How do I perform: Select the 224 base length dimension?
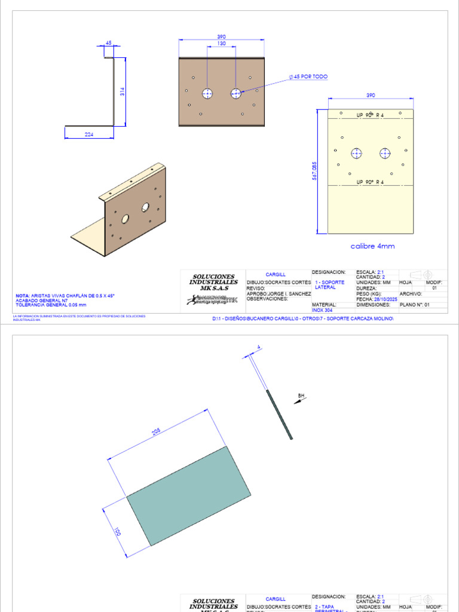(89, 134)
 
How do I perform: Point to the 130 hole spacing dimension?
(221, 44)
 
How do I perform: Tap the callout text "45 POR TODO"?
(310, 77)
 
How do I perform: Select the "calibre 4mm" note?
(372, 246)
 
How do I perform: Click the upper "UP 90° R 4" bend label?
(370, 115)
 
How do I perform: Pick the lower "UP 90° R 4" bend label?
(370, 182)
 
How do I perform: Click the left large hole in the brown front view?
(208, 93)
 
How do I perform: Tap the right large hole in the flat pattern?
(385, 154)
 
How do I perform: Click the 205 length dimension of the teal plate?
(157, 432)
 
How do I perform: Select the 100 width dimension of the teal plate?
(118, 531)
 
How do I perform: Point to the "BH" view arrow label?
(301, 395)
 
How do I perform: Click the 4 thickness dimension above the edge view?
(258, 347)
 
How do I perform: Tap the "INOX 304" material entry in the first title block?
(323, 310)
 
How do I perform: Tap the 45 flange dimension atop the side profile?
(108, 43)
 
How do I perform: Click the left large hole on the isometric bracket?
(125, 219)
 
